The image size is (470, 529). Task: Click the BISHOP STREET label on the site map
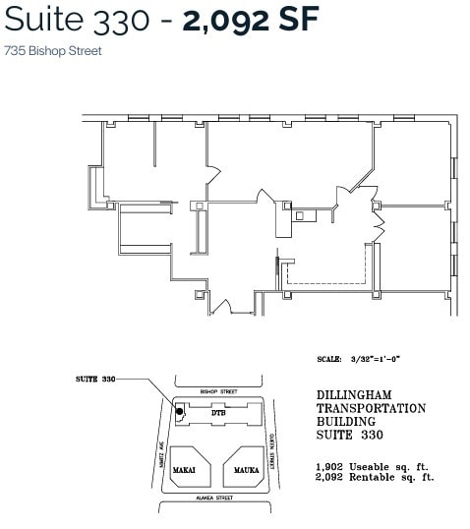[218, 391]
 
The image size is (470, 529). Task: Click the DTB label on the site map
[218, 414]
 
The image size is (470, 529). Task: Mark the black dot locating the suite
[179, 411]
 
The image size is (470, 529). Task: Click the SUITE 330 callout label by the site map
[95, 379]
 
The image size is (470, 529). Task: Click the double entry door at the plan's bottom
[223, 307]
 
